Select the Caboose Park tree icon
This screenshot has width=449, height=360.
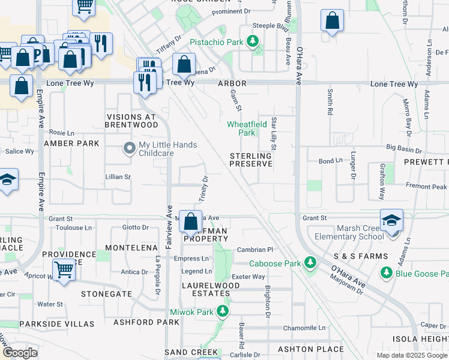point(310,263)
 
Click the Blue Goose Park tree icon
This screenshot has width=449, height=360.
point(386,273)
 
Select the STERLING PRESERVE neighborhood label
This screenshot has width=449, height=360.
point(251,160)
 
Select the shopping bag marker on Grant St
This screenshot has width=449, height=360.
point(190,222)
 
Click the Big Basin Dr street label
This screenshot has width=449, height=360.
point(404,148)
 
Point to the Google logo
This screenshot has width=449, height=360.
point(20,352)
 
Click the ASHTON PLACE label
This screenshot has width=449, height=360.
point(313,349)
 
